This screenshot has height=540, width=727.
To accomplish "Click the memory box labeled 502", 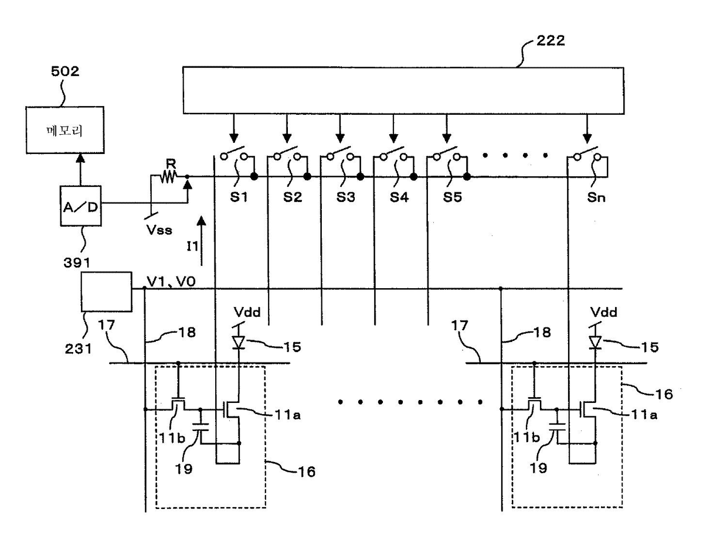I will [64, 131].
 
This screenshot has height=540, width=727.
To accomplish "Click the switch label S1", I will [239, 197].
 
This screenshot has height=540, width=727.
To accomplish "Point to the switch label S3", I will [345, 197].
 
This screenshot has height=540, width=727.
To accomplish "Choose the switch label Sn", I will [596, 197].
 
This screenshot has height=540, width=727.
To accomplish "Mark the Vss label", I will [160, 229].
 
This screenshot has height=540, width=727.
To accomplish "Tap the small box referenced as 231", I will [107, 291].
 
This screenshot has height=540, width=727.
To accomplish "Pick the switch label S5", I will [451, 197].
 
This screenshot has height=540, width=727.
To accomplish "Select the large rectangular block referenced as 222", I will [402, 91].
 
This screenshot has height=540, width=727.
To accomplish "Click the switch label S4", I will [399, 197].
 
